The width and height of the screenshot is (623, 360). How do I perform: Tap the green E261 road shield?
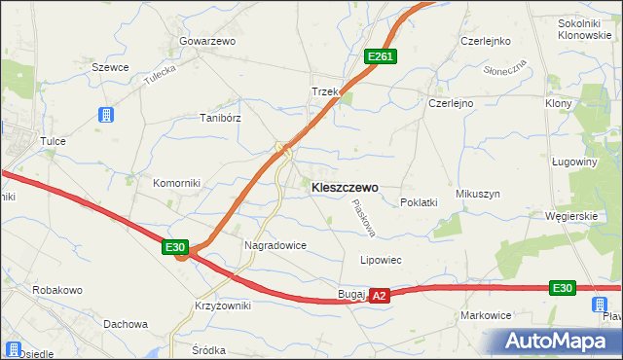tap(380, 57)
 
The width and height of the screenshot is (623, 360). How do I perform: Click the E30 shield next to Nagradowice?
tap(175, 249)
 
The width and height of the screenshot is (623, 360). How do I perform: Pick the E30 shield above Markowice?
tap(562, 287)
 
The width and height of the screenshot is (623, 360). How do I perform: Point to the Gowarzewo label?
tap(207, 42)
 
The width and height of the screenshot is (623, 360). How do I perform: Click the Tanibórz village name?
tap(220, 118)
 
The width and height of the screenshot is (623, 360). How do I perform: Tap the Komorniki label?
tap(175, 183)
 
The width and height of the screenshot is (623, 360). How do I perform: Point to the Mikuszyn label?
tap(477, 195)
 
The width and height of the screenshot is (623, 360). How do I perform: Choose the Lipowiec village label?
tap(381, 261)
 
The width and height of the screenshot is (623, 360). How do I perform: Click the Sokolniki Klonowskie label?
tap(584, 28)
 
